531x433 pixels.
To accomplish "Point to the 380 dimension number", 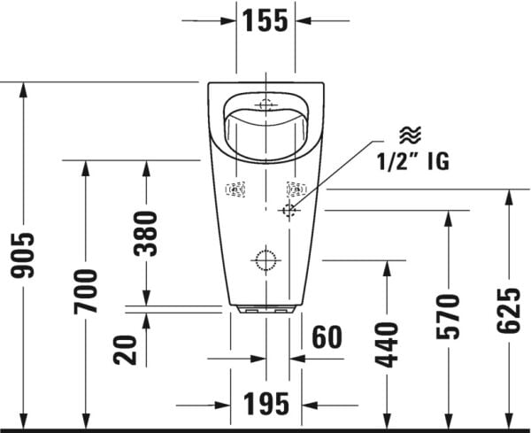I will point(146,233).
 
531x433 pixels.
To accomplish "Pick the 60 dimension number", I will point(327,337).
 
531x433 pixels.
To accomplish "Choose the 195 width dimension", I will point(266,404).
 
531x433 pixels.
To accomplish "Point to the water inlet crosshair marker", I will point(289,211).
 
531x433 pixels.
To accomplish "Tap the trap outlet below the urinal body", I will point(265,312).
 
